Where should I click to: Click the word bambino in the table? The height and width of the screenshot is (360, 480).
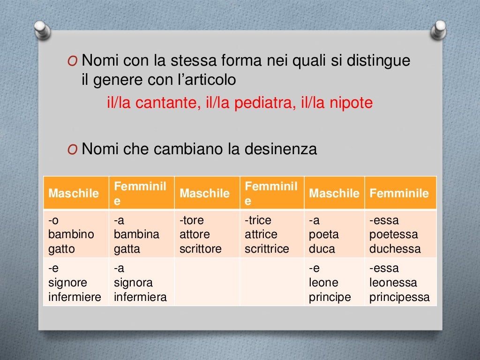tap(71, 234)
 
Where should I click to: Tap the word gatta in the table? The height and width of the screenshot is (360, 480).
tap(127, 249)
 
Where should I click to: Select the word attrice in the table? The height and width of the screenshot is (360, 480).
tap(261, 234)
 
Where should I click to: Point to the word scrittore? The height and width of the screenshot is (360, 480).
tap(200, 249)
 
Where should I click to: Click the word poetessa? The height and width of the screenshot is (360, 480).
tap(393, 234)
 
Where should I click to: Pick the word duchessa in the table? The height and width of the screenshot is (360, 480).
tap(395, 249)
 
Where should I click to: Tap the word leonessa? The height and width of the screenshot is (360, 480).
tap(394, 283)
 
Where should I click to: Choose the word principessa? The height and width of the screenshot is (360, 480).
tap(399, 297)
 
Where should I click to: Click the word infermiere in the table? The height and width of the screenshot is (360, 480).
tap(75, 297)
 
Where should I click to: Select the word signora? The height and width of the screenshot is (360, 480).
tap(133, 283)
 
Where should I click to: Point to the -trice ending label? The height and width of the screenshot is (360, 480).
tap(258, 220)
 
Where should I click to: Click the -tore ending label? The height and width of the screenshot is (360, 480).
tap(192, 220)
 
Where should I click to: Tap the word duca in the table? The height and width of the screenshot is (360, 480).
tap(322, 249)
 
